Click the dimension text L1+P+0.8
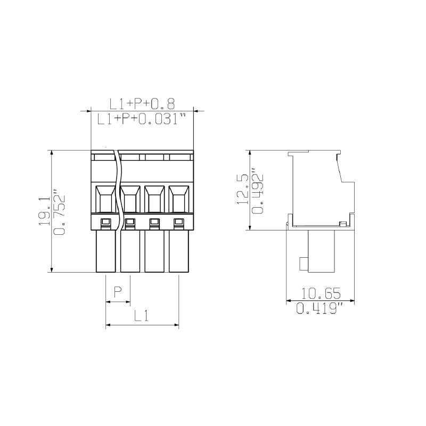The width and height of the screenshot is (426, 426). pos(142,103)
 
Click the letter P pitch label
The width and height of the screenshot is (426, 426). pos(119,292)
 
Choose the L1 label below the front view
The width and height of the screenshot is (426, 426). pos(141,316)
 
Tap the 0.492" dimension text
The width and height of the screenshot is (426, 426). pos(259,191)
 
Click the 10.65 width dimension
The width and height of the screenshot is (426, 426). pos(321,293)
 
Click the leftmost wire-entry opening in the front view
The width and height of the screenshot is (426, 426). pos(105,199)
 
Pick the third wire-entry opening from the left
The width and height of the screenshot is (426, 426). pos(154,199)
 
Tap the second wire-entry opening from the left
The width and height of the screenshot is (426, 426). pos(129,199)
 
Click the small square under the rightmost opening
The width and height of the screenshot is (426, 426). pos(178,222)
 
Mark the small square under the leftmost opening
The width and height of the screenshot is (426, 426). pos(105,222)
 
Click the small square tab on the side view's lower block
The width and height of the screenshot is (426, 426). pos(304,263)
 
